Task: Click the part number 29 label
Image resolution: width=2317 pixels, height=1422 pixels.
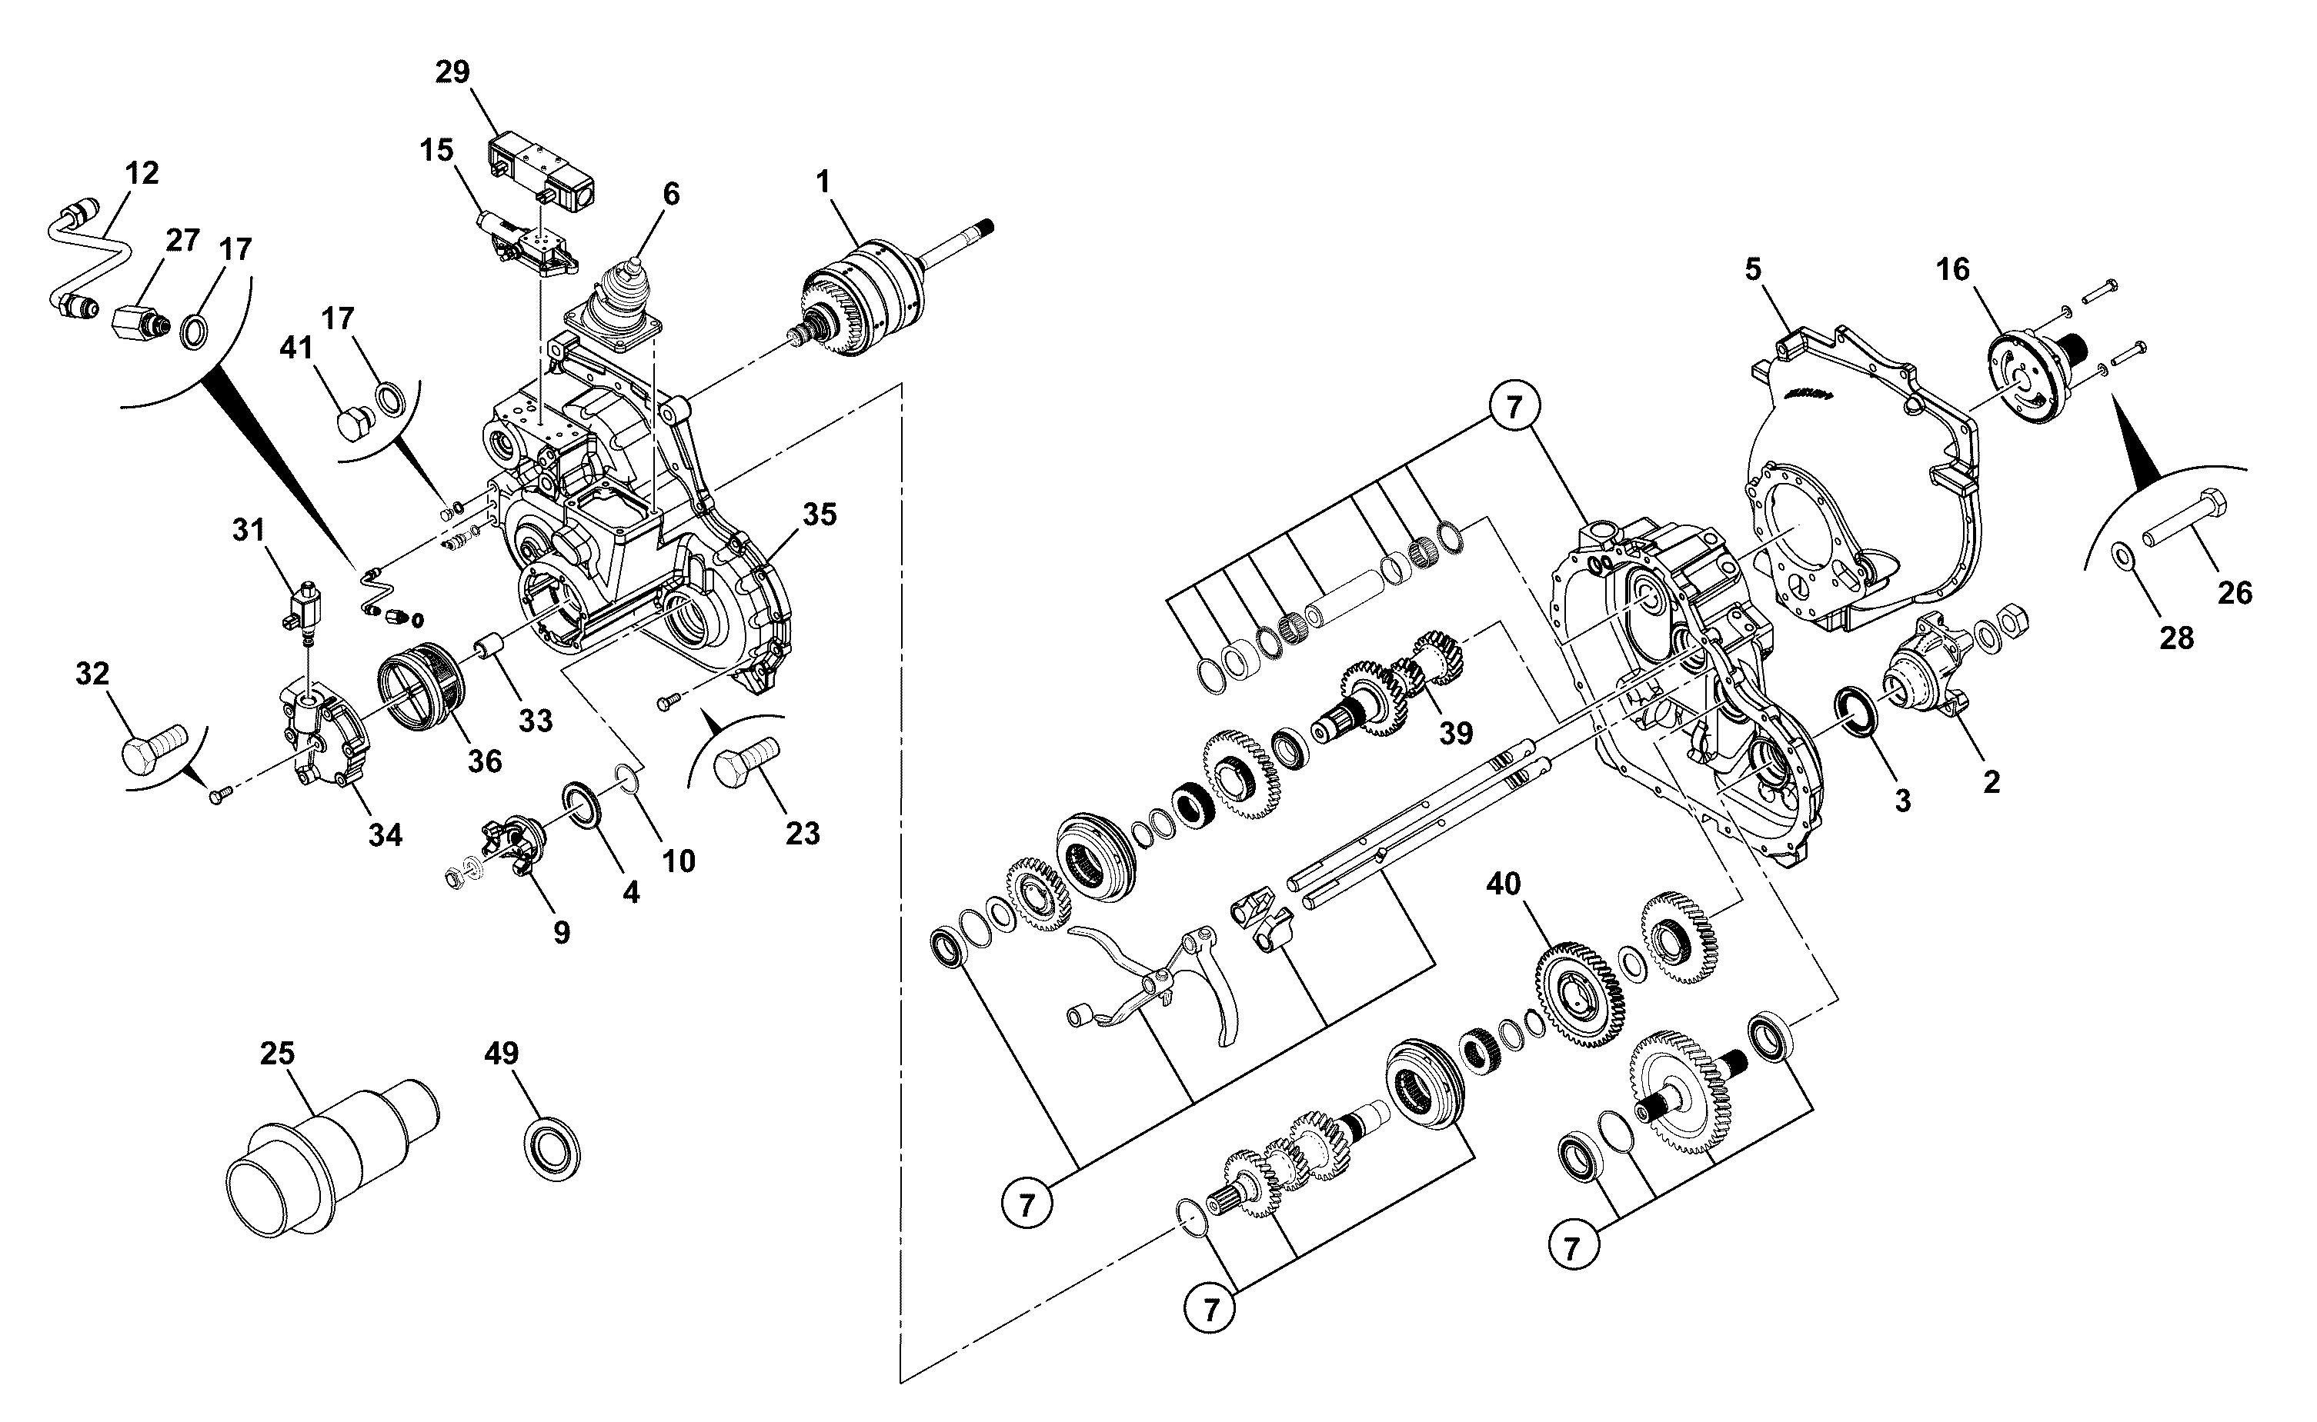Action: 452,72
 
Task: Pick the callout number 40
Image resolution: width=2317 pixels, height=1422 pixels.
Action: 1504,884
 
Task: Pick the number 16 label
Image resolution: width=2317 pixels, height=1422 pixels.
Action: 1953,270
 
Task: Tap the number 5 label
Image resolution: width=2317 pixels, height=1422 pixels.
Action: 1753,270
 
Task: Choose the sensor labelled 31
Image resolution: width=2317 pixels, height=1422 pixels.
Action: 303,606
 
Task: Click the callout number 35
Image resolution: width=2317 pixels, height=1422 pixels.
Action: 820,515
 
